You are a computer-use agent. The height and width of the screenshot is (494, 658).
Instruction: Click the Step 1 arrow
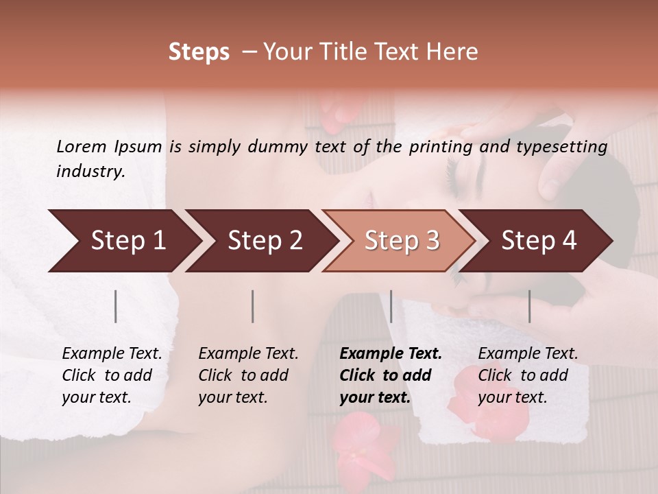click(x=123, y=241)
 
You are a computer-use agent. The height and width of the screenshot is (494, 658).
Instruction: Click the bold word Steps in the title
click(x=199, y=52)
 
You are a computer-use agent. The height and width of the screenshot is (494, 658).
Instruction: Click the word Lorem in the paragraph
click(x=81, y=147)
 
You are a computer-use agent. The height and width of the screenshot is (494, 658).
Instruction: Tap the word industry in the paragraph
click(x=90, y=172)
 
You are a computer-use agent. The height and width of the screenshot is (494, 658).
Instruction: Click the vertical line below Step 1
click(x=116, y=306)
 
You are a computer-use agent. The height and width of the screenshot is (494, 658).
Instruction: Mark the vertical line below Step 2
click(x=253, y=306)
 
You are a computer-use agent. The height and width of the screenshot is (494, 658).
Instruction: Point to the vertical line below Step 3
click(x=391, y=306)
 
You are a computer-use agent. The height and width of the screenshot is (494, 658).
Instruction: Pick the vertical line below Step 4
click(x=530, y=306)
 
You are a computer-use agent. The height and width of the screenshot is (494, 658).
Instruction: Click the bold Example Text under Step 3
click(x=391, y=354)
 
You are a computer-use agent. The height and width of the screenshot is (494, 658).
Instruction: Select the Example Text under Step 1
click(x=112, y=354)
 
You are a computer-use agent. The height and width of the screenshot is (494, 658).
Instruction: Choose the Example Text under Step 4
click(x=528, y=354)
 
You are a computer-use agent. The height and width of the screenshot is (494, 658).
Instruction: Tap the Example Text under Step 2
click(x=248, y=354)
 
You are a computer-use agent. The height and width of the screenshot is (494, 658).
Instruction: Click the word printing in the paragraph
click(x=439, y=147)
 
